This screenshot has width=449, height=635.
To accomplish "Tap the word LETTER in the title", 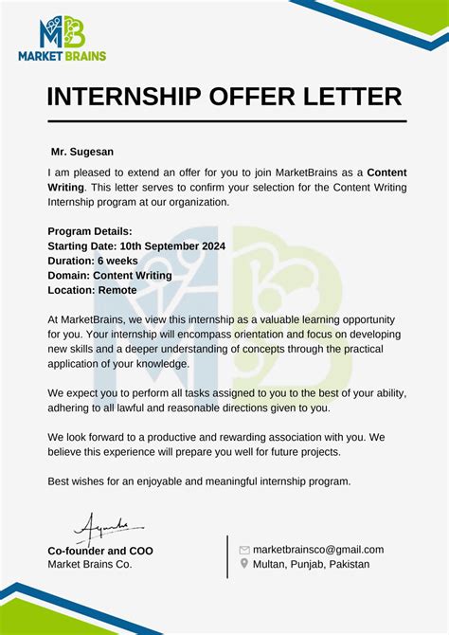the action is click(350, 97).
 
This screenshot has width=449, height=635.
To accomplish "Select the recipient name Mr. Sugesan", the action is click(82, 152).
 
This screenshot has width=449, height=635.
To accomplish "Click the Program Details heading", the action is click(90, 231).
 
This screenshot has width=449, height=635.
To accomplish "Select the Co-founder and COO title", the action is click(100, 551).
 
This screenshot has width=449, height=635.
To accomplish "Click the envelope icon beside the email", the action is click(244, 550).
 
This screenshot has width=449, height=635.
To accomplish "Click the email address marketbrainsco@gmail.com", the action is click(318, 550).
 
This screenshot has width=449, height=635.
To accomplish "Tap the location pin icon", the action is click(244, 564).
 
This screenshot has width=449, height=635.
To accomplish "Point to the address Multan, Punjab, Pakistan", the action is click(312, 564).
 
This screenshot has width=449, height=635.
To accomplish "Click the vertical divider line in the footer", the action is click(228, 556).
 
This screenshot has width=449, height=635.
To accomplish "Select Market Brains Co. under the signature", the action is click(90, 565).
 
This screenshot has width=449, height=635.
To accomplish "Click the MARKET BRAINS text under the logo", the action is click(63, 56).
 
